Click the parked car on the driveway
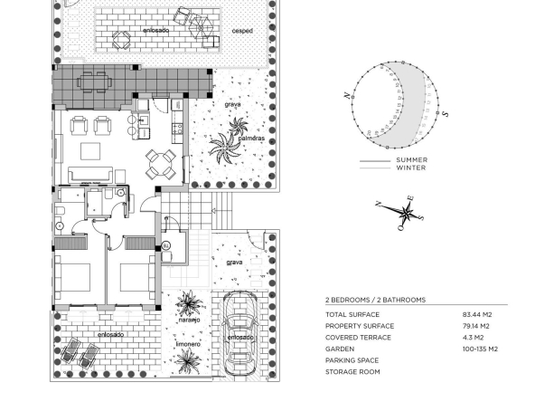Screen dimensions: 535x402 click(240, 333)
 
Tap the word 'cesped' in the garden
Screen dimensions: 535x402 click(242, 31)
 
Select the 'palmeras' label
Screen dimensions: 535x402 click(251, 139)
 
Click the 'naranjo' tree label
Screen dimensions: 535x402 click(189, 320)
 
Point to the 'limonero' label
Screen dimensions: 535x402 click(188, 344)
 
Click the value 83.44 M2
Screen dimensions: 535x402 click(477, 314)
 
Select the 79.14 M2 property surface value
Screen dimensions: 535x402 click(476, 326)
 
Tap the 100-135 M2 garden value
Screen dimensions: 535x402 click(480, 349)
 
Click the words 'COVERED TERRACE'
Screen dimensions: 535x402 click(358, 338)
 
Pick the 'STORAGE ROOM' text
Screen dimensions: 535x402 click(352, 372)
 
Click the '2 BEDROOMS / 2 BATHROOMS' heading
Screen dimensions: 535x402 click(375, 300)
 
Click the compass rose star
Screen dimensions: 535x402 click(406, 212)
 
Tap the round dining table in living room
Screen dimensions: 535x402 click(160, 165)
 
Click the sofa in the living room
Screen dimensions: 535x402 click(90, 175)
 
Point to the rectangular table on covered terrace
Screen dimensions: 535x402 click(95, 82)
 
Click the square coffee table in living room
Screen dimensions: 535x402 click(90, 151)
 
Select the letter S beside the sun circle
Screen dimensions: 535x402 click(445, 114)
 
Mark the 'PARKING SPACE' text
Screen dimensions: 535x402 click(352, 360)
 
